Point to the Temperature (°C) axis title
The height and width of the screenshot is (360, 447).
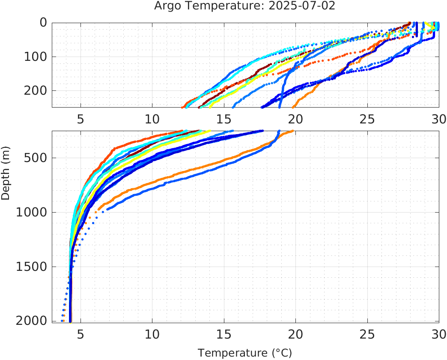[244, 353]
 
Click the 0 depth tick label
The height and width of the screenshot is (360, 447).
[43, 23]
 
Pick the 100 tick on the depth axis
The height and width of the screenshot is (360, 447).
[35, 57]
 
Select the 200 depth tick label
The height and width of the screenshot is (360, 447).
[35, 90]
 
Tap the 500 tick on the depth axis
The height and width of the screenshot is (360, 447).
[35, 158]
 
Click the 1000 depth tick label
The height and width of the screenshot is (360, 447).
[31, 212]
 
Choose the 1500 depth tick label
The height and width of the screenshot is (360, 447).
[31, 267]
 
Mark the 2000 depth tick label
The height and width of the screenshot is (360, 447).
[31, 321]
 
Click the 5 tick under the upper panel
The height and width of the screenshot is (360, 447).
[80, 119]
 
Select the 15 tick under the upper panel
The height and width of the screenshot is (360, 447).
[223, 119]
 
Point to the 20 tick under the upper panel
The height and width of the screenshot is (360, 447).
[295, 119]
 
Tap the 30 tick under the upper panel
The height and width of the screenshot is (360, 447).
[438, 119]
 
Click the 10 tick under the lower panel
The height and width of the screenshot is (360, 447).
[152, 333]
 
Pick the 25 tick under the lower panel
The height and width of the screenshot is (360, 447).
[367, 333]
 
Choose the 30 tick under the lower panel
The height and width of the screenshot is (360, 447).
[438, 333]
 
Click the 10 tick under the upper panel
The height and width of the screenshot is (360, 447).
[152, 119]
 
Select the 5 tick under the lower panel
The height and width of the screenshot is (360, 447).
[80, 333]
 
